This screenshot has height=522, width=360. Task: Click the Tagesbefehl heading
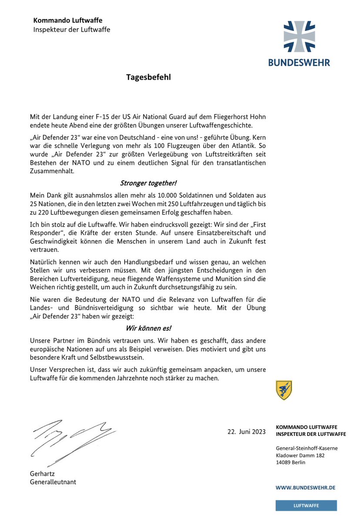(148, 77)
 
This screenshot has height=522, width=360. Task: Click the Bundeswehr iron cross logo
(299, 37)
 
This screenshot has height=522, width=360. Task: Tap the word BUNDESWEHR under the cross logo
(299, 62)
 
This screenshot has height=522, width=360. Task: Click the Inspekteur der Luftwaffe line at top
(72, 30)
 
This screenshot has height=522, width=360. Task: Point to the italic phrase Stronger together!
(148, 183)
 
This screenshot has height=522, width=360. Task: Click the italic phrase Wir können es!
(148, 328)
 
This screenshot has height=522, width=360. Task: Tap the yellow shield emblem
(284, 390)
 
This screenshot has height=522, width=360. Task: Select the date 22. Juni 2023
(246, 432)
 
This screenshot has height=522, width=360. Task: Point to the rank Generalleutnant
(53, 482)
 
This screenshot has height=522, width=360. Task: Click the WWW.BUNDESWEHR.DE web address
(305, 488)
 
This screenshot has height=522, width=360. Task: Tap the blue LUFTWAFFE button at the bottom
(306, 505)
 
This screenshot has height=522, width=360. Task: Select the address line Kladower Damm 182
(300, 455)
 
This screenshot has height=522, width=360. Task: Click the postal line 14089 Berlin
(291, 462)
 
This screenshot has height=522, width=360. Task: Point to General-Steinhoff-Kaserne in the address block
(306, 448)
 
